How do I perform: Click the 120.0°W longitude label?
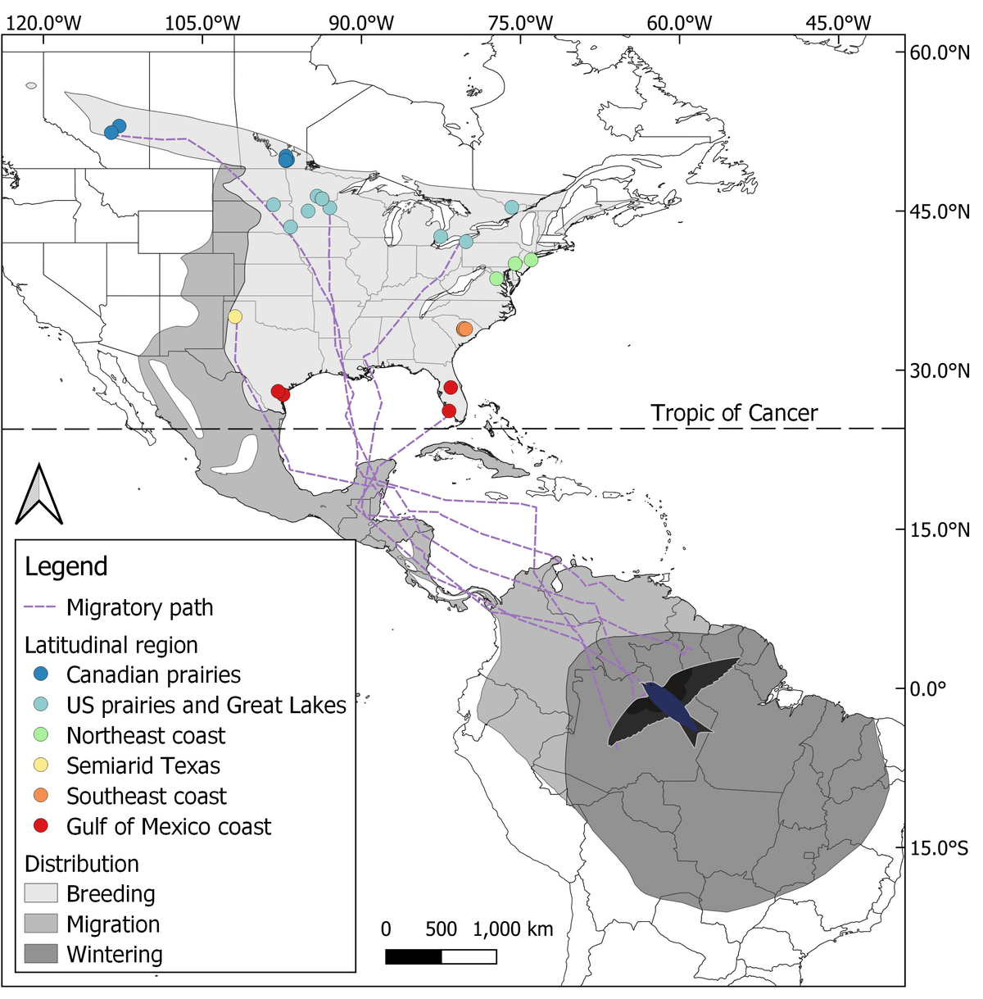point(44,23)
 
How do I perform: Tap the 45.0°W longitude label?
point(839,23)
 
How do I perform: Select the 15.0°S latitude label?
point(939,847)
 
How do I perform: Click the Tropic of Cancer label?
point(734,413)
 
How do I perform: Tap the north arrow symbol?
point(39,493)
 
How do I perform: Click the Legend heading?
point(66,566)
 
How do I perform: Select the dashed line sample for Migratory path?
point(40,608)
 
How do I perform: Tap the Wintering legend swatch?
point(41,954)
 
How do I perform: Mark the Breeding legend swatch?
point(41,893)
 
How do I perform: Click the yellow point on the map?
point(235,316)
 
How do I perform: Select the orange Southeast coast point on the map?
point(464,329)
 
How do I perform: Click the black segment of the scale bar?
point(414,956)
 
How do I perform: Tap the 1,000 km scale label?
point(513,929)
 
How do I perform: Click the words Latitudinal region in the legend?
point(111,645)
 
